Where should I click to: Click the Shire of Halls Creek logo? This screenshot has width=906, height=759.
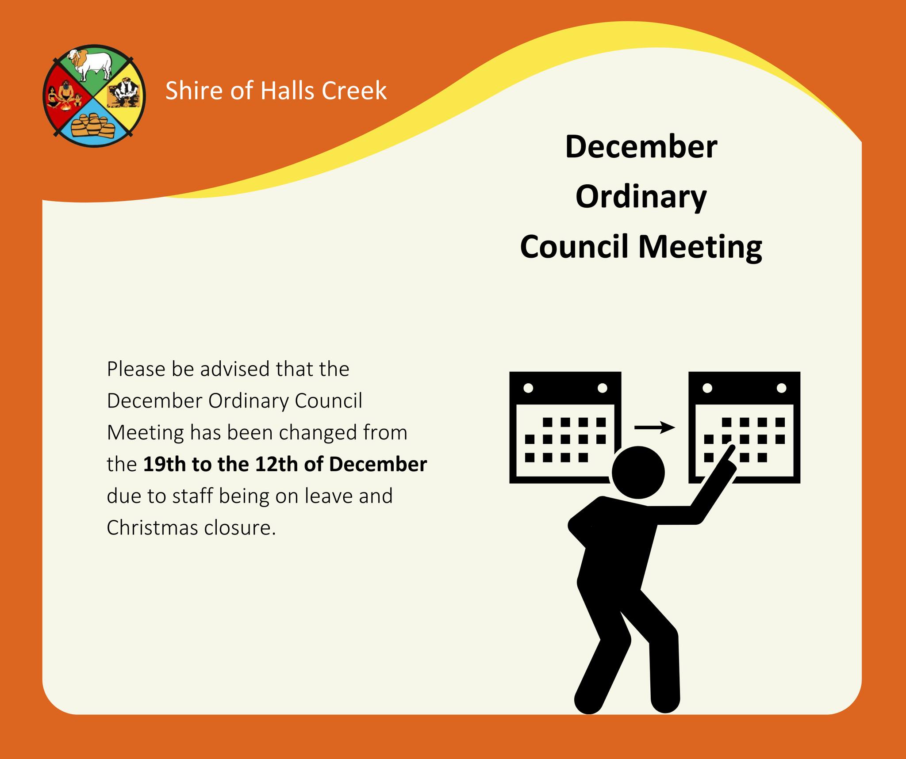coord(94,96)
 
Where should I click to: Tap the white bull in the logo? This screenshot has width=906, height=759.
coord(92,65)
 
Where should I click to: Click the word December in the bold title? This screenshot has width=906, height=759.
coord(641,147)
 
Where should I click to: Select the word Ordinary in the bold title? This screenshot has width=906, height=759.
coord(641,197)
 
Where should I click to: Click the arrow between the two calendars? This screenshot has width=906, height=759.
coord(655,427)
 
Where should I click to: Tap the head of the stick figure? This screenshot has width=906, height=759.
coord(638,472)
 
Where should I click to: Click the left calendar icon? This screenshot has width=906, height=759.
coord(565,427)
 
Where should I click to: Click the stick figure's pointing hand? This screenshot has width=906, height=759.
coord(726,460)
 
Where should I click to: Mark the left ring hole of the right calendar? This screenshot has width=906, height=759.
coord(707,388)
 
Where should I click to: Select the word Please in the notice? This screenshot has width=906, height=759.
coord(136,370)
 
